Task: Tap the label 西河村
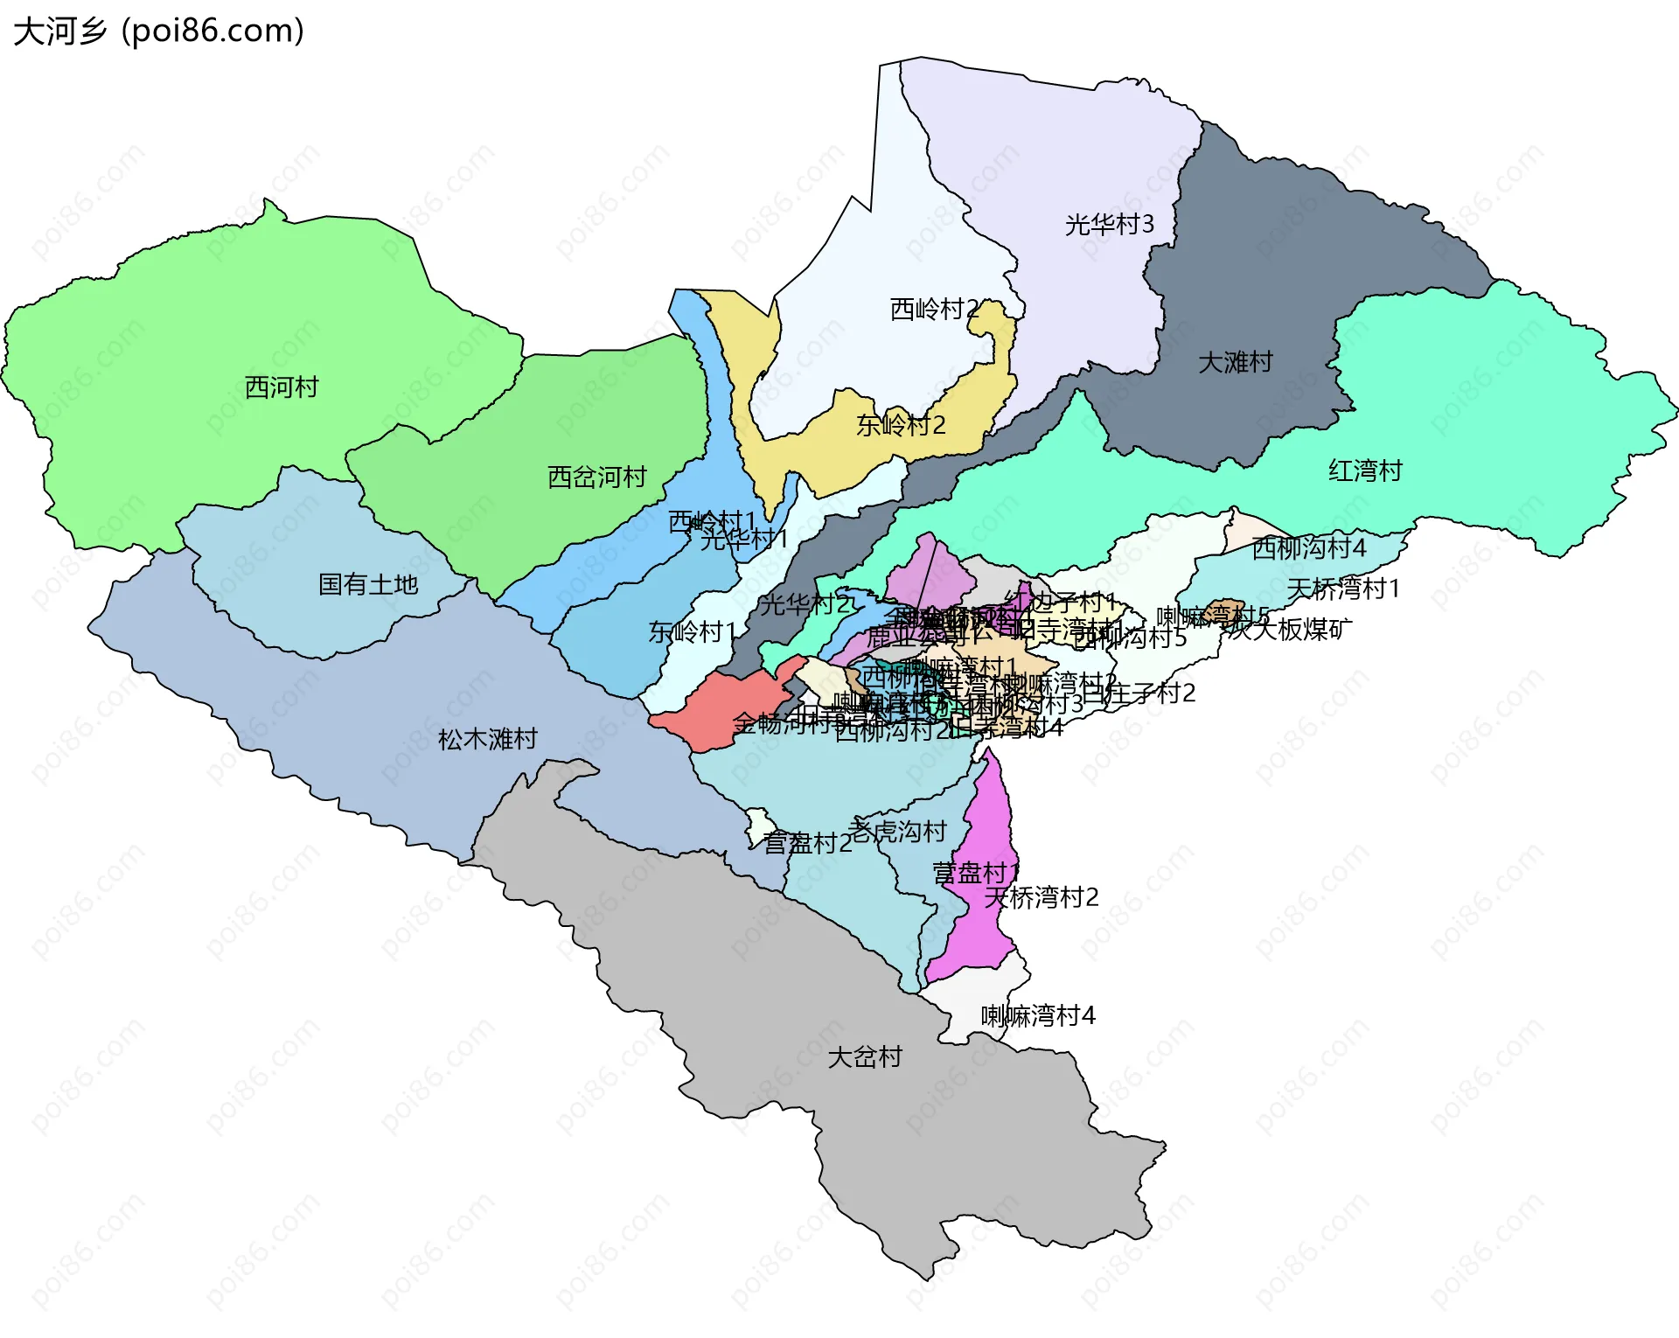282,387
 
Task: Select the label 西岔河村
597,477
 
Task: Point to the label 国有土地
368,584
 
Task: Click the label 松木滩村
488,740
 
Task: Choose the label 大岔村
865,1057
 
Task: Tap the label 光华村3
1110,226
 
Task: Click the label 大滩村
1236,362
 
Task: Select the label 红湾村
1366,471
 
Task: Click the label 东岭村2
901,426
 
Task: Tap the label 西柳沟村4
1309,548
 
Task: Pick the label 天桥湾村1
1343,589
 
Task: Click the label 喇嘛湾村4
1038,1016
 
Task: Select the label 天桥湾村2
1042,897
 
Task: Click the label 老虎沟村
897,831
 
